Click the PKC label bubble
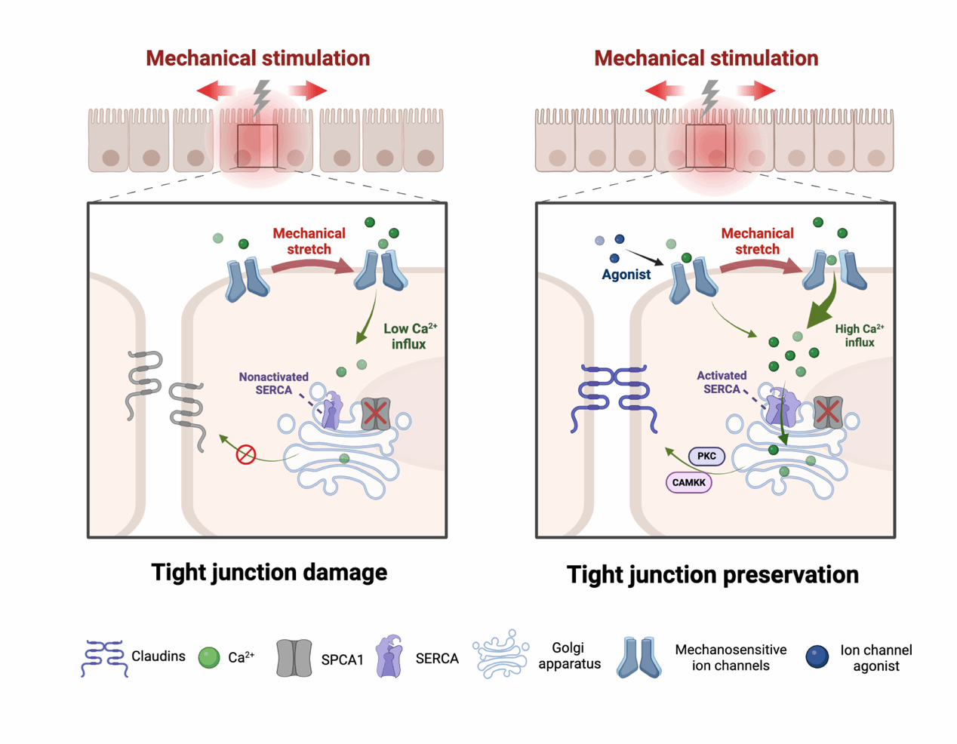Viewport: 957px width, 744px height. (706, 456)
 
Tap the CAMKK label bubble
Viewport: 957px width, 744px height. (688, 482)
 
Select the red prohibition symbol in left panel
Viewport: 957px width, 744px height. (246, 454)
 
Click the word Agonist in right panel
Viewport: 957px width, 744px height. (626, 275)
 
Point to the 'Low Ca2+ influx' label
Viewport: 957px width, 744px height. (409, 336)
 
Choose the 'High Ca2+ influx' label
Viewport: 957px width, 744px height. (859, 335)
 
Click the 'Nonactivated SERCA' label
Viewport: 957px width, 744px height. (273, 383)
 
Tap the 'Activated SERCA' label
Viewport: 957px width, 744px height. (722, 382)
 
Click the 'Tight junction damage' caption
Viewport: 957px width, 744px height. (269, 572)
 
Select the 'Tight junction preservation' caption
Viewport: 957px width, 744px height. (712, 575)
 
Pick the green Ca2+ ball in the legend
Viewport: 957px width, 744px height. (208, 658)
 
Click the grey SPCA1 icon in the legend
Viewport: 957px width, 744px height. (294, 658)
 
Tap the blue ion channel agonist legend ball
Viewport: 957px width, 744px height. (817, 657)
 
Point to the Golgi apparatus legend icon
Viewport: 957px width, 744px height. (500, 654)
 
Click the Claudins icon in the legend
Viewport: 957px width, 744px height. (103, 658)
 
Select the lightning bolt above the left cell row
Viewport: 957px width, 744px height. (261, 97)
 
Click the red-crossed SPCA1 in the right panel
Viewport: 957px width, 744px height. (828, 412)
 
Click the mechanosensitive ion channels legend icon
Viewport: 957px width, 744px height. (639, 657)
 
